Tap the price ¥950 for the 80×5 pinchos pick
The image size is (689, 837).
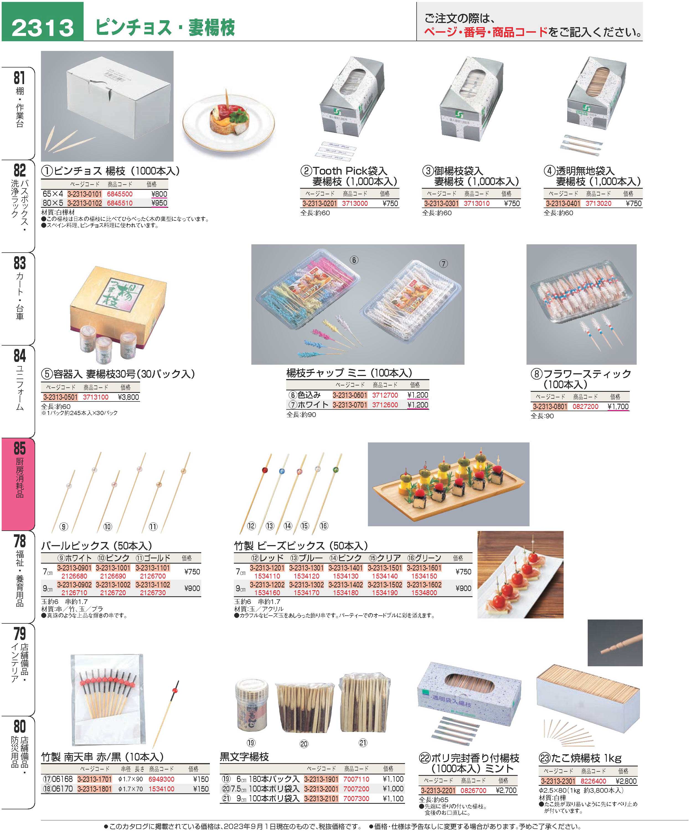click(159, 203)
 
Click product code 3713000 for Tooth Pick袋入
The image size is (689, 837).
click(355, 203)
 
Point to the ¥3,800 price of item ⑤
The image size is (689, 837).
click(129, 397)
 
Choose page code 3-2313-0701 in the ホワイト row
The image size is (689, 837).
click(350, 405)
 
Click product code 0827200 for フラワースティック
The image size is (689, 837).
click(585, 406)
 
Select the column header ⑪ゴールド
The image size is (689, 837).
click(153, 558)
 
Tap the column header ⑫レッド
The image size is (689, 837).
click(267, 558)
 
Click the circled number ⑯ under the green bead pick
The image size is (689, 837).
click(324, 526)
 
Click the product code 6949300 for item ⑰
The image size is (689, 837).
click(162, 779)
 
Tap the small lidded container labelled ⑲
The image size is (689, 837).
click(252, 706)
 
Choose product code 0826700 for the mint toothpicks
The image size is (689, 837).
click(473, 791)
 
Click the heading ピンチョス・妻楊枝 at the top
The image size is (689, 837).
click(165, 27)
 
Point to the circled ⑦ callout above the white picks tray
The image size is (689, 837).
click(443, 264)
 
